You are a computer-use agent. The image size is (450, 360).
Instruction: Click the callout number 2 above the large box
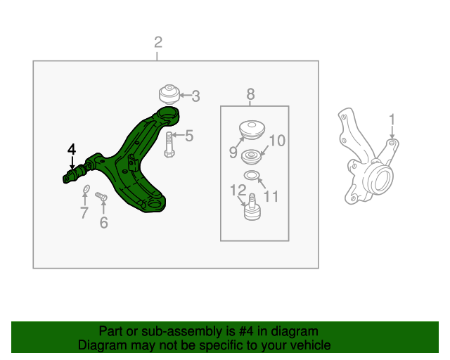158,42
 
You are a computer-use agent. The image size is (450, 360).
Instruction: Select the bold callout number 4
72,149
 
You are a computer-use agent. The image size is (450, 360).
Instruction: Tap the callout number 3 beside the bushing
195,96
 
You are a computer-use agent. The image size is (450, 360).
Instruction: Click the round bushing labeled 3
169,94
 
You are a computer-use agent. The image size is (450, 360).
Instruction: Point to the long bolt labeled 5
169,145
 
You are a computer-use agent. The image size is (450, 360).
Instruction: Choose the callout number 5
189,136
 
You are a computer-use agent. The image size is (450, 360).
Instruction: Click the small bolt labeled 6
101,197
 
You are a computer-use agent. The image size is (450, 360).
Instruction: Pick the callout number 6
103,223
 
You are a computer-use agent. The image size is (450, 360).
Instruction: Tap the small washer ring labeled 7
86,189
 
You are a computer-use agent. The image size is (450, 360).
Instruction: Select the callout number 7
84,213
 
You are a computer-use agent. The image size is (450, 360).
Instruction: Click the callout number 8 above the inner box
250,94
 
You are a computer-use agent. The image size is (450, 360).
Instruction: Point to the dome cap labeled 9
252,131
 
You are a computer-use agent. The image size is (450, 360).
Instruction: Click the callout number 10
277,141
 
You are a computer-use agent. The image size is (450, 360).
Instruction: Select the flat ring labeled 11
252,174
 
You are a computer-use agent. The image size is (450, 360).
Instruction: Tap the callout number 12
238,190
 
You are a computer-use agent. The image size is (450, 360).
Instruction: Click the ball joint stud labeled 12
252,207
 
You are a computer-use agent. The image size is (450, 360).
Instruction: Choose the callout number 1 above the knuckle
392,120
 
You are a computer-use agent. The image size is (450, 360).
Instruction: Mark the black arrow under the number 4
72,163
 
